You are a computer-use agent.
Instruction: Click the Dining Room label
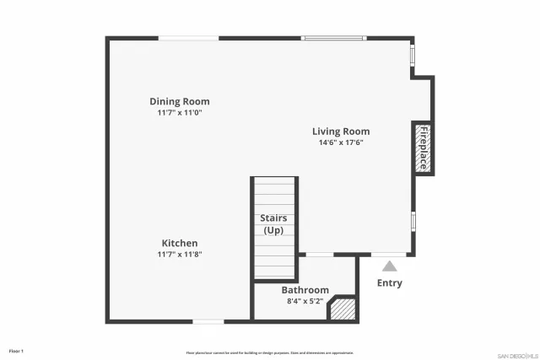point(179,101)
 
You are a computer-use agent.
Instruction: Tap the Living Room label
point(341,131)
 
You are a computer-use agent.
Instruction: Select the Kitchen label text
point(180,243)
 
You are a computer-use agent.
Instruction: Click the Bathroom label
point(305,290)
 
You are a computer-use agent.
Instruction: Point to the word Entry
point(389,283)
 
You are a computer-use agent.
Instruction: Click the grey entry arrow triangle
point(389,266)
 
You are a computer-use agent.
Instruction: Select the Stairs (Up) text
point(273,224)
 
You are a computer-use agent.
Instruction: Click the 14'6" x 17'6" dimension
point(341,142)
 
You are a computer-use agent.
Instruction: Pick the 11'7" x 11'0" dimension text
point(179,112)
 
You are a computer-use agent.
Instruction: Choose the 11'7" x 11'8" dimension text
point(180,254)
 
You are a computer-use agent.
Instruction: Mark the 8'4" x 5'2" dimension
point(305,301)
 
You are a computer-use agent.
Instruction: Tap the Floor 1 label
point(16,351)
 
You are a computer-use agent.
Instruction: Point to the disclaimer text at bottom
point(270,352)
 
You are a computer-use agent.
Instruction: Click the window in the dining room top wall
point(189,38)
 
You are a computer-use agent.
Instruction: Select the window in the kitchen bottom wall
point(208,321)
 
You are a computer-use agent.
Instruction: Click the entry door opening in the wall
point(389,255)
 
